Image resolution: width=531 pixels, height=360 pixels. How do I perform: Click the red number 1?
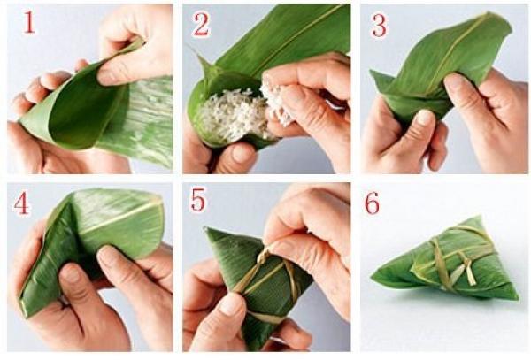click(x=29, y=23)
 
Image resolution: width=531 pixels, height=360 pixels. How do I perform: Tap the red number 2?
click(x=201, y=25)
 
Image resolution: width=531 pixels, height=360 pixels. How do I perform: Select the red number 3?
click(x=380, y=26)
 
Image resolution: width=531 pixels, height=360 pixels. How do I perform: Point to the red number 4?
click(x=21, y=204)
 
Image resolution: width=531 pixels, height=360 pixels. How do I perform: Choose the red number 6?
click(x=373, y=204)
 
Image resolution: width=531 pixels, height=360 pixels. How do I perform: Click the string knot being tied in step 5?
click(x=265, y=255)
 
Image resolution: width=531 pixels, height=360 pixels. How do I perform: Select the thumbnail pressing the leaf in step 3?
click(x=424, y=118)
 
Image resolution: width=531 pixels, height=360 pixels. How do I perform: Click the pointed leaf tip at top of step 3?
click(x=488, y=14)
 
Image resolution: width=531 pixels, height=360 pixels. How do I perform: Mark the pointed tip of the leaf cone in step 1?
click(x=21, y=119)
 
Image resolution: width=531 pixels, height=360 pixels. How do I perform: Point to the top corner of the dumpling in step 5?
click(x=205, y=229)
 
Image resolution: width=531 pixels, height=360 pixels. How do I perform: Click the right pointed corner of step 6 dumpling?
click(x=517, y=298)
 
